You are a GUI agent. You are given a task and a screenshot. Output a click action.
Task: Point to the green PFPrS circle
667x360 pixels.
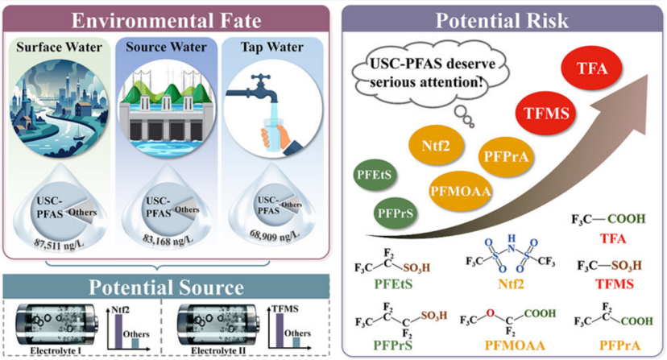point(396,214)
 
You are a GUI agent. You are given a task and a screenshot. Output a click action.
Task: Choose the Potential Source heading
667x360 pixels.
point(167,288)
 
